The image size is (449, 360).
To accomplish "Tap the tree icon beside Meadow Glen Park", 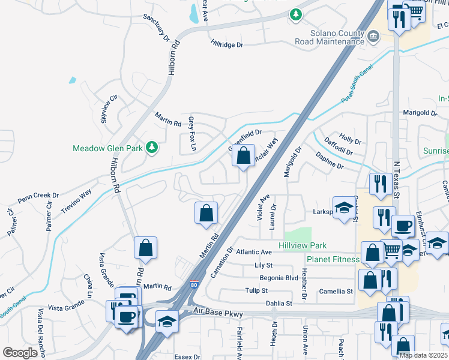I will click(x=152, y=147).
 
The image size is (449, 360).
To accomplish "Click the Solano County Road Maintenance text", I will click(x=329, y=37).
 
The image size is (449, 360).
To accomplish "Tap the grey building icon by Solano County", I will click(x=373, y=37).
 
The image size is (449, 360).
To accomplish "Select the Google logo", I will click(x=20, y=353).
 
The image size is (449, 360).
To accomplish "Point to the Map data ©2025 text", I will click(x=423, y=355).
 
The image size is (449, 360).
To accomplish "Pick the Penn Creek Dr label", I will click(x=38, y=196).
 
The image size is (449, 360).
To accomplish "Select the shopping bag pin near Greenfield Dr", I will click(x=243, y=157).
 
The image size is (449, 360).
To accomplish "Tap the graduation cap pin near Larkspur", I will click(x=343, y=208).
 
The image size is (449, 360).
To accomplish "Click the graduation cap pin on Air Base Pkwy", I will click(x=166, y=322).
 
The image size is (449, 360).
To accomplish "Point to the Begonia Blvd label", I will click(x=279, y=278).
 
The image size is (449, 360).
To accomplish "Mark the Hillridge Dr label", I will click(x=226, y=44).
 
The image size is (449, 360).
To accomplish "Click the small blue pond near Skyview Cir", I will click(x=73, y=80).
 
